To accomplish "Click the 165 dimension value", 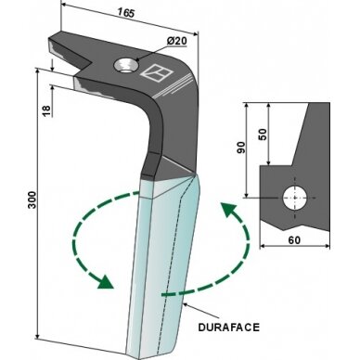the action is click(x=125, y=13).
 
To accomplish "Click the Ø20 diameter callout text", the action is click(x=176, y=41).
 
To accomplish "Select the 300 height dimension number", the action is click(x=32, y=199).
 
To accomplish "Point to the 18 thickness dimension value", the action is click(x=46, y=110).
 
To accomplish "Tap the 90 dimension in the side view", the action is click(x=241, y=148).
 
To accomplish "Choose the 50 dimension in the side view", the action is click(x=263, y=134).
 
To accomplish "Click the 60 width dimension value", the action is click(x=294, y=240).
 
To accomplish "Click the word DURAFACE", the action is click(x=228, y=328).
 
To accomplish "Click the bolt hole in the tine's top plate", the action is click(x=126, y=66).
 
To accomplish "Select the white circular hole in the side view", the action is click(x=295, y=198).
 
